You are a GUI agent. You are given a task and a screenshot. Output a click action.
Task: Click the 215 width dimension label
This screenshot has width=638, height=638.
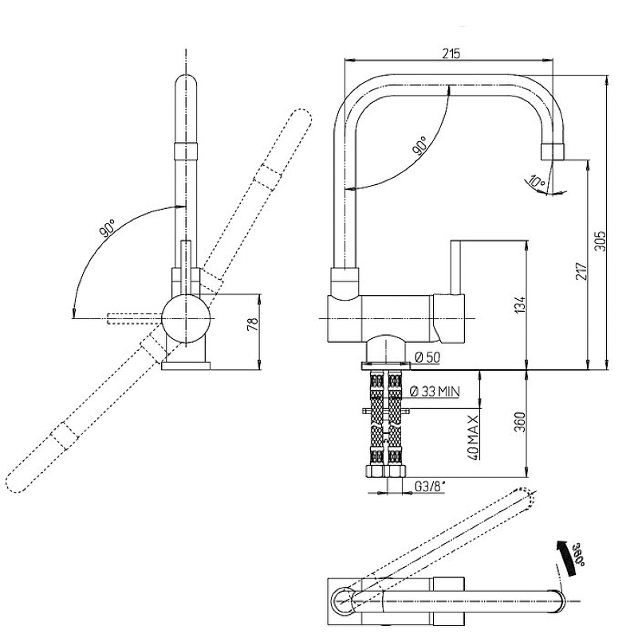[451, 53]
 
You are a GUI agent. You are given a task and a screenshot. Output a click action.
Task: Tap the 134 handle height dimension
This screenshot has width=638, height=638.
[519, 305]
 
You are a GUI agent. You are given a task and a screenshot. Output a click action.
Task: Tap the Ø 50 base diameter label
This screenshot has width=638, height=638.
[427, 357]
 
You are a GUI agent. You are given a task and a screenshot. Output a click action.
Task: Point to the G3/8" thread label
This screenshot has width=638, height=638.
[430, 485]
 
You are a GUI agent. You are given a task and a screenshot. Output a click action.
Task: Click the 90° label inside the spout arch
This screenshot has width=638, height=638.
[420, 145]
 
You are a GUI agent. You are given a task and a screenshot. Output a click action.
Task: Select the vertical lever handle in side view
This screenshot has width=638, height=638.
[457, 267]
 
